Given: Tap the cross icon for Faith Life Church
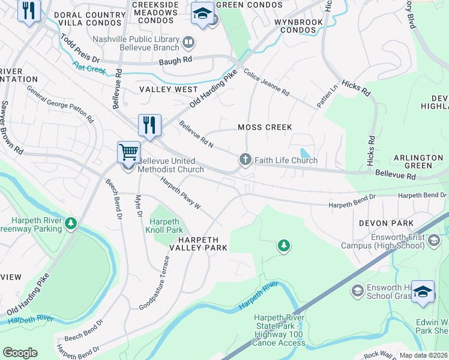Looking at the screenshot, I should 245,160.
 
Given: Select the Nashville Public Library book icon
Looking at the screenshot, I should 188,41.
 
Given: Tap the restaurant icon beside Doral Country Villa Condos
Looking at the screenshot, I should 28,10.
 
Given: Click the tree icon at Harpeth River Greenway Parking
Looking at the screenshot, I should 71,223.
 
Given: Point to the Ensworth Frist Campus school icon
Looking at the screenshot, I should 433,241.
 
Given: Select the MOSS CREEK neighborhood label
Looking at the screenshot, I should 265,127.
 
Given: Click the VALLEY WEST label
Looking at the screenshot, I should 160,89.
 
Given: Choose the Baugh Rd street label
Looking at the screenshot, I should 175,61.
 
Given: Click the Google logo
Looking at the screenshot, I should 20,352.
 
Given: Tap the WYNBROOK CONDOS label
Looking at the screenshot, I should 299,26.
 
